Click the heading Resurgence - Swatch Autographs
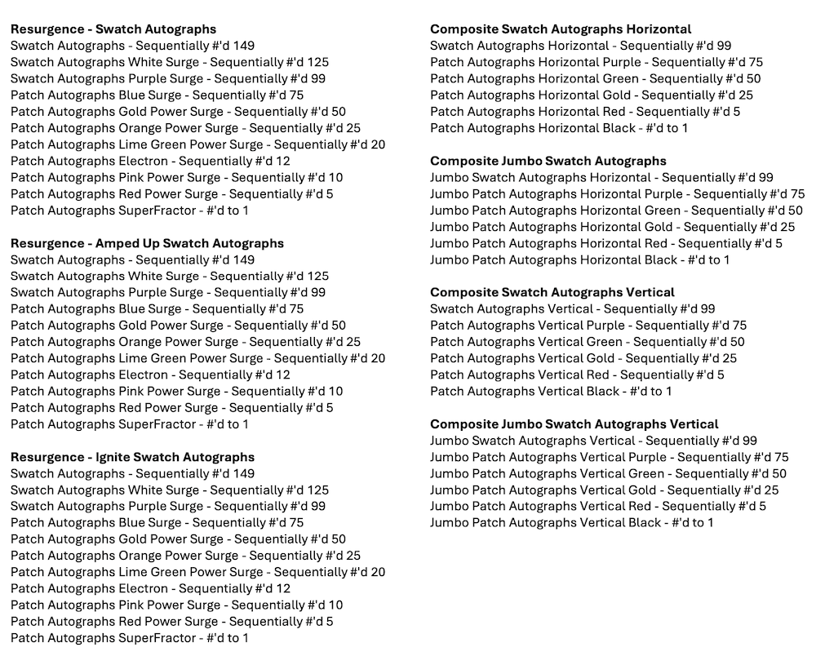tap(113, 29)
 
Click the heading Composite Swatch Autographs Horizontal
tap(561, 29)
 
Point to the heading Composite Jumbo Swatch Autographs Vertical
tap(574, 424)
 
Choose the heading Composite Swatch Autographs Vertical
tap(552, 292)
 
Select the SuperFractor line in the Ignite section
tap(130, 638)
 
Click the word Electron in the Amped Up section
tap(143, 375)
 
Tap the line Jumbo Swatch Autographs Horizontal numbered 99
tap(601, 177)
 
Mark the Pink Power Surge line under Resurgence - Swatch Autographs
tap(176, 177)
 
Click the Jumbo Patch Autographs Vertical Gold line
tap(604, 490)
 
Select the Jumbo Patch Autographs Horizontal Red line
tap(605, 243)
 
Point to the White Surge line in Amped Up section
tap(170, 276)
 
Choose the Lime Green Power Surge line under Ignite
tap(197, 572)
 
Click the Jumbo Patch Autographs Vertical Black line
tap(571, 522)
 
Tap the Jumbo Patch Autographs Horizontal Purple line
tap(617, 193)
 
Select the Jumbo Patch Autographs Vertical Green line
tap(608, 473)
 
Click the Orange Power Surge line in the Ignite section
tap(185, 556)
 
